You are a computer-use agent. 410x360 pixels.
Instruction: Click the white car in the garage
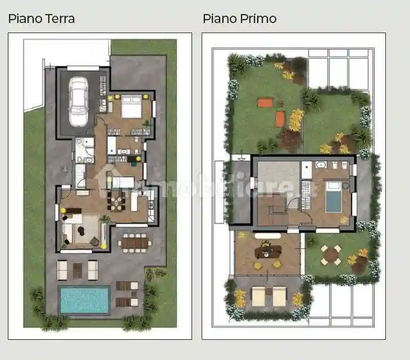click(x=78, y=102)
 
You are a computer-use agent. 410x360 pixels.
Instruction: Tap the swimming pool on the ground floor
click(x=85, y=300)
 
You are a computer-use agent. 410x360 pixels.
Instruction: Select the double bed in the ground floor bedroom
click(x=132, y=107)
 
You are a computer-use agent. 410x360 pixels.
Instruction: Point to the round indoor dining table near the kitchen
click(x=117, y=200)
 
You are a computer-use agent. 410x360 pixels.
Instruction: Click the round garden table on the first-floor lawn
click(x=331, y=254)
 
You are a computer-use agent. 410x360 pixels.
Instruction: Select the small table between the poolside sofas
click(x=78, y=270)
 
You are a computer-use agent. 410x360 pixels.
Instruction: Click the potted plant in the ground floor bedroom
click(x=147, y=122)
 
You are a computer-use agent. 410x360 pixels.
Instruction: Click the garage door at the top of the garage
click(x=83, y=69)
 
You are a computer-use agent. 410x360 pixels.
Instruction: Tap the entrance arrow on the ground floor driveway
click(x=66, y=168)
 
